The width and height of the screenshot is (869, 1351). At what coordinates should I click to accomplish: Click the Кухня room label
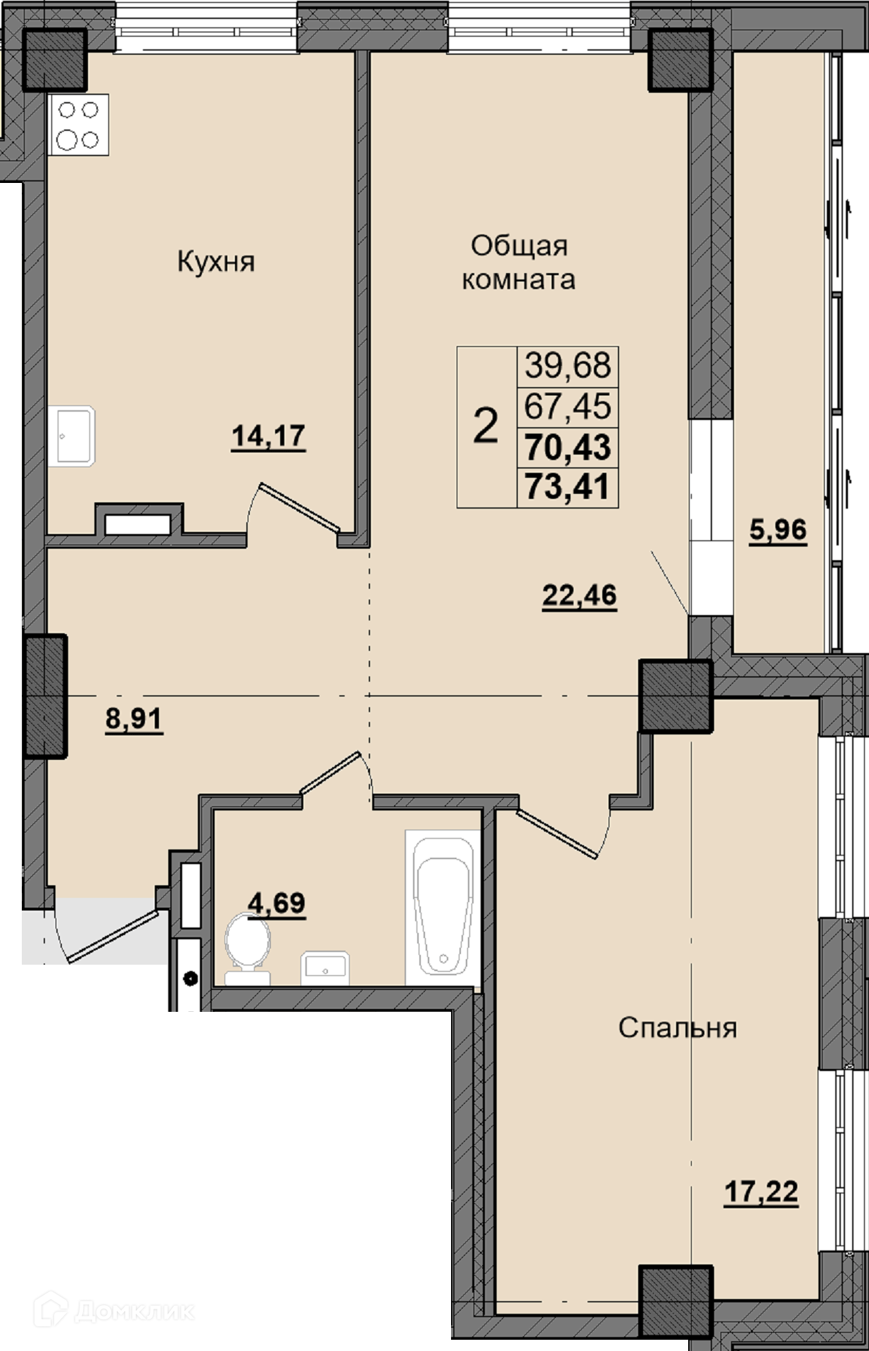tap(215, 262)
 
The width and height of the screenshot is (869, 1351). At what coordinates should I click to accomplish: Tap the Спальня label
tap(678, 1028)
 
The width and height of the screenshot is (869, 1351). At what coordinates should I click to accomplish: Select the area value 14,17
tap(269, 436)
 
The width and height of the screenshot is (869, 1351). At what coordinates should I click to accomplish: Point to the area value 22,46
tap(579, 595)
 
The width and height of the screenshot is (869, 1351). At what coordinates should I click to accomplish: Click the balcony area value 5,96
tap(778, 529)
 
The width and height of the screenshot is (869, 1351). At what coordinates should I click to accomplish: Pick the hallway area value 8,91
tap(134, 719)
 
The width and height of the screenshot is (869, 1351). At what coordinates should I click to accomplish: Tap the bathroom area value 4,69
tap(277, 902)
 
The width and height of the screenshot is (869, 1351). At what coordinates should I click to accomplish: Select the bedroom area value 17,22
tap(761, 1192)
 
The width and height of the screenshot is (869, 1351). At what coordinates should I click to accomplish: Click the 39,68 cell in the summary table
tap(568, 366)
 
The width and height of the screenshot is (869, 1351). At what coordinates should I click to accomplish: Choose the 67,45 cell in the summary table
tap(568, 407)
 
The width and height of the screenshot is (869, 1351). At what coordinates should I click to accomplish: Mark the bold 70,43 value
tap(568, 447)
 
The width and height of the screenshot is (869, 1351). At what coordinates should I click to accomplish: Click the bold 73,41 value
tap(568, 486)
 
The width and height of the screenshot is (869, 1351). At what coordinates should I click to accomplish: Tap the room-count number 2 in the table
tap(486, 426)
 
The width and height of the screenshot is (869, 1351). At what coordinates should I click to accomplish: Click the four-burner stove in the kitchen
tap(78, 125)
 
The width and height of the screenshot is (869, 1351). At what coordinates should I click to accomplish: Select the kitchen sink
tap(72, 436)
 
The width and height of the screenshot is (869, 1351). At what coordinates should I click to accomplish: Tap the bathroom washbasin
tap(325, 968)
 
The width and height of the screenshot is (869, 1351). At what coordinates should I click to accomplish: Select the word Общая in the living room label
tap(519, 246)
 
